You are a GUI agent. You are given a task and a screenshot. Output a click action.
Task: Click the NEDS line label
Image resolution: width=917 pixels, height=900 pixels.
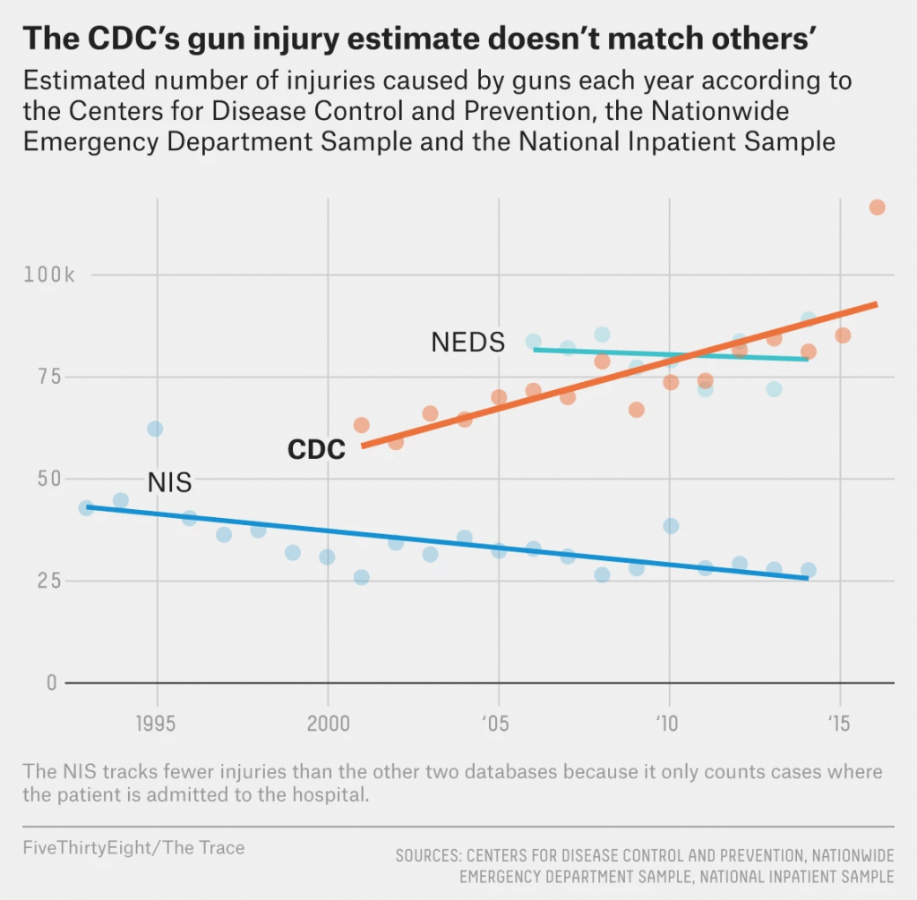tap(467, 342)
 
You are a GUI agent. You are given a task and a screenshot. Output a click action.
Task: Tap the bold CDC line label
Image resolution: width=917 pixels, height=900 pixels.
tap(316, 450)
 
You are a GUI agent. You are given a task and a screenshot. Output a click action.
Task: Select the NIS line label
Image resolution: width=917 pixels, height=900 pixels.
tap(169, 481)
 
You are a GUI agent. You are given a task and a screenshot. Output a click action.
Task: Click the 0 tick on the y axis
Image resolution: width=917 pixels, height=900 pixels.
tap(51, 683)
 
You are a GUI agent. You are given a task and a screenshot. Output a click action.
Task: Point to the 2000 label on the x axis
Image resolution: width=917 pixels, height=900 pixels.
tap(328, 723)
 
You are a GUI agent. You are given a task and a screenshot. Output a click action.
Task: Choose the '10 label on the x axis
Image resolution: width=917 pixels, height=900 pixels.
tap(668, 723)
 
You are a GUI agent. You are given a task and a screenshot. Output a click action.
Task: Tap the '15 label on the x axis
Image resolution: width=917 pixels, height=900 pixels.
tap(839, 723)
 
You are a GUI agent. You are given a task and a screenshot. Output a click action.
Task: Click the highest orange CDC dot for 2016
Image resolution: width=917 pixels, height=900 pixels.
tap(877, 208)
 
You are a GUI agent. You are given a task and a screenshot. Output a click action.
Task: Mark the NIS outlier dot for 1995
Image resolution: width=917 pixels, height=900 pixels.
tap(155, 429)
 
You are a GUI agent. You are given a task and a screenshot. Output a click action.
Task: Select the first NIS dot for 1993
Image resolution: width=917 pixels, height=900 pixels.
tap(86, 508)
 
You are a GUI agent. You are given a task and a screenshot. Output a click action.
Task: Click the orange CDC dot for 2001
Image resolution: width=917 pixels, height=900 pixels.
tap(361, 425)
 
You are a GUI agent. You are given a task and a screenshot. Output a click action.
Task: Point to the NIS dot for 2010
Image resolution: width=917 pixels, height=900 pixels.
tap(670, 526)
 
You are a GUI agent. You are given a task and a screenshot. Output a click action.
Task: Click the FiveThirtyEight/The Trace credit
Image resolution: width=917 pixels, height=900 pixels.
tap(133, 847)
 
